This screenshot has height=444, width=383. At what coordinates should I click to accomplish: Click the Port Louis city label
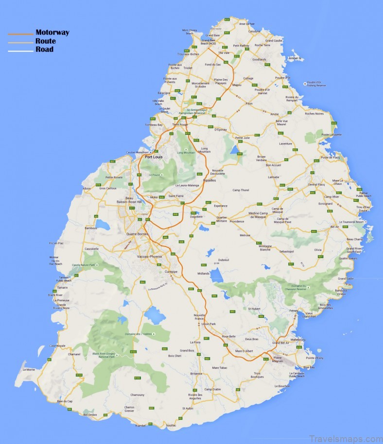[x=154, y=157]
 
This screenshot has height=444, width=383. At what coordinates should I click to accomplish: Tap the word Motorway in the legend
[x=52, y=33]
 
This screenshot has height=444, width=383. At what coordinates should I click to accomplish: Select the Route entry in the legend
[x=45, y=41]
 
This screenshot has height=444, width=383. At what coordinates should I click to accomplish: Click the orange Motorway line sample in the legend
[x=20, y=34]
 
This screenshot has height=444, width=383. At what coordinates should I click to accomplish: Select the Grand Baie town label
[x=213, y=35]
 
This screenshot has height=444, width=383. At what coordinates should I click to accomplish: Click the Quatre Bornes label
[x=137, y=233]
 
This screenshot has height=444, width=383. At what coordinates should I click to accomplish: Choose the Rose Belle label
[x=228, y=336]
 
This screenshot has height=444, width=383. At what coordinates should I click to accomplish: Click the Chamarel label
[x=74, y=354]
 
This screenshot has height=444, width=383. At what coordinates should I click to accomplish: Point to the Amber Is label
[x=294, y=58]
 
